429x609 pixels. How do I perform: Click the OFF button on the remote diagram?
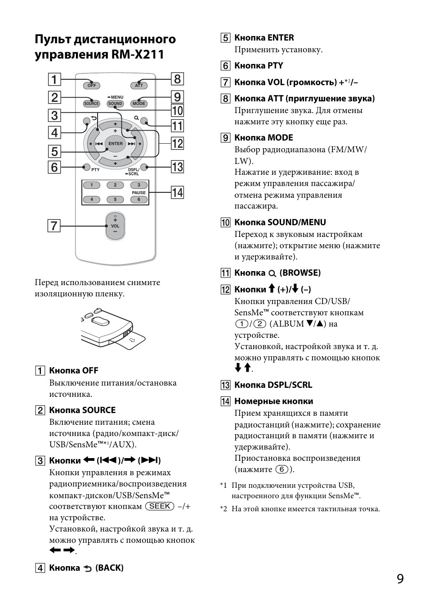pyautogui.click(x=91, y=85)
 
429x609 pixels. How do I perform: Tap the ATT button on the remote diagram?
pyautogui.click(x=139, y=85)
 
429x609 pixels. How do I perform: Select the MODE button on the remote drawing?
pyautogui.click(x=139, y=104)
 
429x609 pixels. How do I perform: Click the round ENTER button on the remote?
pyautogui.click(x=115, y=144)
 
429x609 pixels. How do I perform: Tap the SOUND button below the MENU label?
pyautogui.click(x=115, y=104)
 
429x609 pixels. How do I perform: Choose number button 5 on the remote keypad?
pyautogui.click(x=115, y=200)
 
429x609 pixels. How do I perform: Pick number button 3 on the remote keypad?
pyautogui.click(x=139, y=185)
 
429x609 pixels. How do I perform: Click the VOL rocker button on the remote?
pyautogui.click(x=115, y=226)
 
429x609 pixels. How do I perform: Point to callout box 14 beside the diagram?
pyautogui.click(x=177, y=193)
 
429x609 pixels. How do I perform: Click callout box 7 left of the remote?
pyautogui.click(x=54, y=225)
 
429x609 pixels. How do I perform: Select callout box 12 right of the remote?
pyautogui.click(x=177, y=143)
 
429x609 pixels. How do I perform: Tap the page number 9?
pyautogui.click(x=400, y=579)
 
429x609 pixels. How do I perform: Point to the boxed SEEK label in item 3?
pyautogui.click(x=160, y=506)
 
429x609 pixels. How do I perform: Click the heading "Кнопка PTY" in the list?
pyautogui.click(x=259, y=66)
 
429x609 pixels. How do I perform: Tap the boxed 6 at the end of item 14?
pyautogui.click(x=282, y=469)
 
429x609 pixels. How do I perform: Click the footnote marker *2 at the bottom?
pyautogui.click(x=223, y=509)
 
